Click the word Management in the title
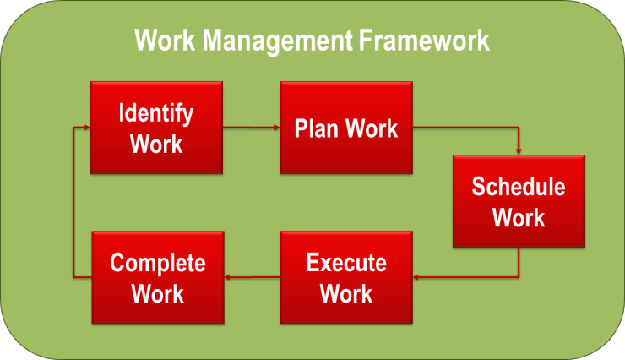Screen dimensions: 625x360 (x=278, y=41)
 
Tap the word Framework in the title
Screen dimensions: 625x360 (x=424, y=41)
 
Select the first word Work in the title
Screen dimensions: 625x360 (x=165, y=41)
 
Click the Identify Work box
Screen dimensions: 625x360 (x=156, y=128)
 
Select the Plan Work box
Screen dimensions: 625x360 (x=346, y=128)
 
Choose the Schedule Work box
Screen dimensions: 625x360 (x=519, y=201)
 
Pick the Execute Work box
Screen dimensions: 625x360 (x=346, y=277)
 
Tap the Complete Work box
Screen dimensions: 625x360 (x=158, y=277)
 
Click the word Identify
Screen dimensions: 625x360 (x=156, y=114)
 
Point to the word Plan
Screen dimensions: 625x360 (x=317, y=128)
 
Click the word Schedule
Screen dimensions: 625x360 (x=519, y=186)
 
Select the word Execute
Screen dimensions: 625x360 (x=346, y=263)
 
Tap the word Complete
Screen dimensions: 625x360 (x=158, y=264)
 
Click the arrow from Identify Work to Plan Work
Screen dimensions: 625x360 (x=252, y=128)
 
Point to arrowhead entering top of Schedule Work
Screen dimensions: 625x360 (x=519, y=151)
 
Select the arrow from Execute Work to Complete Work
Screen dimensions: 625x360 (x=253, y=277)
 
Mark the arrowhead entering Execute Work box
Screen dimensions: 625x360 (x=416, y=277)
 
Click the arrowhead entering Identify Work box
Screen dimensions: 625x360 (x=87, y=128)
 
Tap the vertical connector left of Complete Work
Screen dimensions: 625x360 (x=73, y=202)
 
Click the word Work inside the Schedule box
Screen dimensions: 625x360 (x=519, y=218)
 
